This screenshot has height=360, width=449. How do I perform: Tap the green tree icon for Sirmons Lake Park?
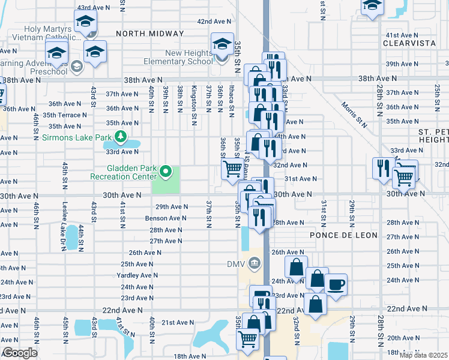(121, 137)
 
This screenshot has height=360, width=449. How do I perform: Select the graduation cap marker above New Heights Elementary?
(222, 44)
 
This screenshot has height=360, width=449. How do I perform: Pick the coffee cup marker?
(336, 284)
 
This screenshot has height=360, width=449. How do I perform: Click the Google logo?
(19, 353)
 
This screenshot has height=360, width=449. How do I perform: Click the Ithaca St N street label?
(231, 99)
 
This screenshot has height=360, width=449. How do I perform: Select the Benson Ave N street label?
(163, 218)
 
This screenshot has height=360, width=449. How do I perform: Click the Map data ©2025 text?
(423, 355)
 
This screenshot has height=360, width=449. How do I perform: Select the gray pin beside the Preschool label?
(76, 66)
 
